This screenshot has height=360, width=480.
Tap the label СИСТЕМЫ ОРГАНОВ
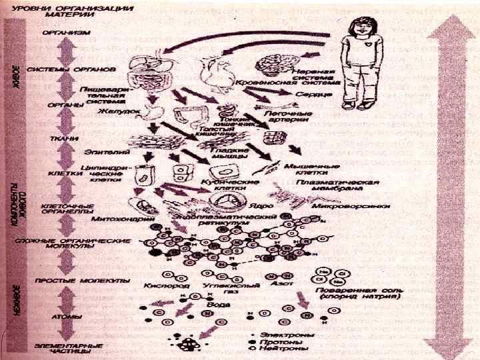(x=62, y=69)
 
